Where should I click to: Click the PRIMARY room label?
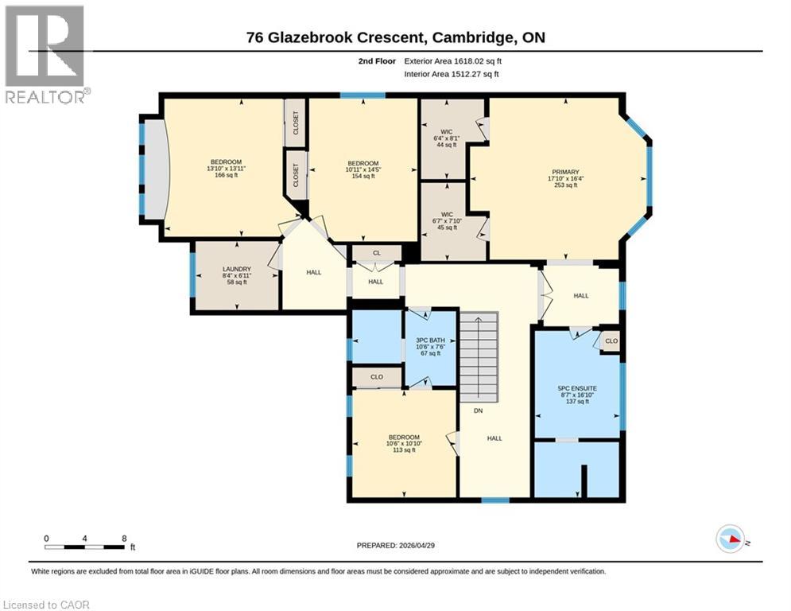tap(565, 172)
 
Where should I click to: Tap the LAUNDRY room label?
tap(237, 269)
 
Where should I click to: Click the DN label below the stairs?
tap(478, 411)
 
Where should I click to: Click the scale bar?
tap(84, 547)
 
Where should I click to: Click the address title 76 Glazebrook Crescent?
tap(395, 37)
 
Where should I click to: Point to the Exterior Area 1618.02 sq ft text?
tap(453, 60)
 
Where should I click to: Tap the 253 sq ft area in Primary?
tap(565, 185)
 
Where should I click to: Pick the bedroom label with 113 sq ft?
tap(403, 437)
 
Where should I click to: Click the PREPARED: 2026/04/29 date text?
tap(397, 545)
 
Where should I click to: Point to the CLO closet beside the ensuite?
tap(611, 341)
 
